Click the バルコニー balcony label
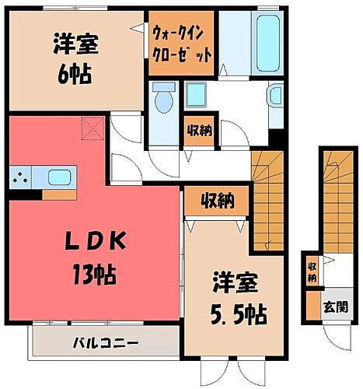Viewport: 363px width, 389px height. tap(106, 342)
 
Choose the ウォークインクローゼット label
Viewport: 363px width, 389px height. tap(180, 44)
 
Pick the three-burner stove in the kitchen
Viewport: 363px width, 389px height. tap(21, 178)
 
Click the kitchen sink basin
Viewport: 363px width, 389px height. tap(59, 177)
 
